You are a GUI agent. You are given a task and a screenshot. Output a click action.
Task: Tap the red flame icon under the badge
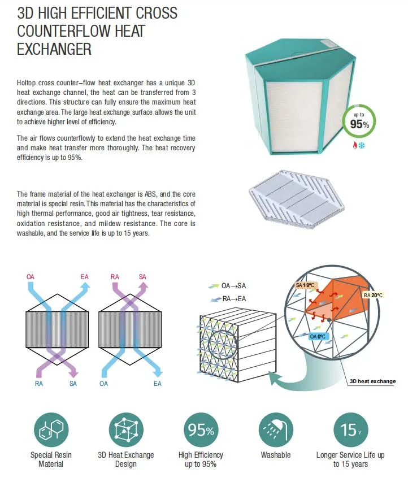(x=355, y=145)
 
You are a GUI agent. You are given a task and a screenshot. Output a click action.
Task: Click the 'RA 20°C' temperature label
(x=374, y=294)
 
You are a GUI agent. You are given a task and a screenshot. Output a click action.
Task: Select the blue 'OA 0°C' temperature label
(x=318, y=336)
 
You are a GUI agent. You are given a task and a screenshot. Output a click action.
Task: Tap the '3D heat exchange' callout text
(x=372, y=381)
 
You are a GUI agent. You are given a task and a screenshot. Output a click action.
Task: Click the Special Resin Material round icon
(x=51, y=430)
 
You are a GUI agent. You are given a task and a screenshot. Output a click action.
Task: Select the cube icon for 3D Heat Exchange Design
(x=125, y=430)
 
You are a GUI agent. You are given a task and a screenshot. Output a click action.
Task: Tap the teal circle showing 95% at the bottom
(x=201, y=430)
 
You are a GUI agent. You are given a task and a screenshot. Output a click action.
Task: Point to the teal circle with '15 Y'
(x=350, y=430)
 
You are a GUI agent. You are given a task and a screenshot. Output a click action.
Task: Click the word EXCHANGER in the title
(x=54, y=49)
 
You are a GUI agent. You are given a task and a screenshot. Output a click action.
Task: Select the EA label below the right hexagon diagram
(x=158, y=384)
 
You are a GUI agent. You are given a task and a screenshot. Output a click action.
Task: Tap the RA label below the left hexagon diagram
(x=40, y=384)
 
